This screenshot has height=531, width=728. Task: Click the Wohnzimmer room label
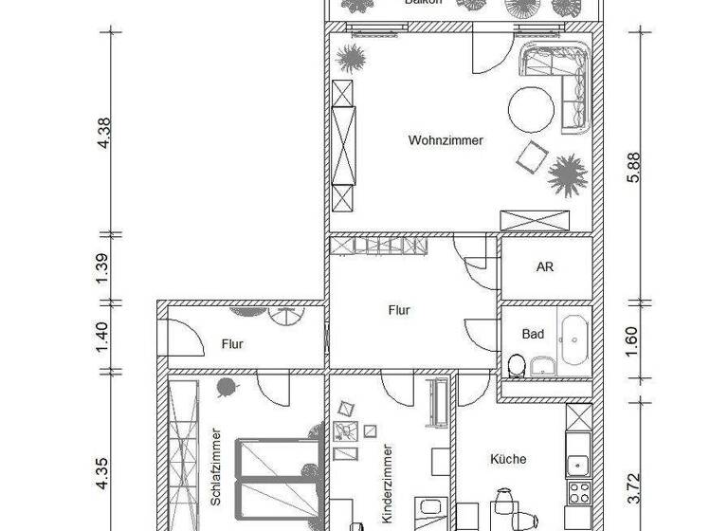[x=446, y=140]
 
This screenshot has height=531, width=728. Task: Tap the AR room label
[x=544, y=267]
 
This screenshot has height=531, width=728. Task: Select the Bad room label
[x=533, y=334]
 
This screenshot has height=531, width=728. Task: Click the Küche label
[x=508, y=459]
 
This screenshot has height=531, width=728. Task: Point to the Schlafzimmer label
[x=216, y=463]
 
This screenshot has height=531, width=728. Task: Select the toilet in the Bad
[x=518, y=364]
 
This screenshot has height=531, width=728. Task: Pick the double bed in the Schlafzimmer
[x=278, y=479]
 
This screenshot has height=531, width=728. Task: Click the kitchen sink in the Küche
[x=576, y=464]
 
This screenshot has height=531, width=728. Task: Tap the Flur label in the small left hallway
[x=233, y=344]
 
